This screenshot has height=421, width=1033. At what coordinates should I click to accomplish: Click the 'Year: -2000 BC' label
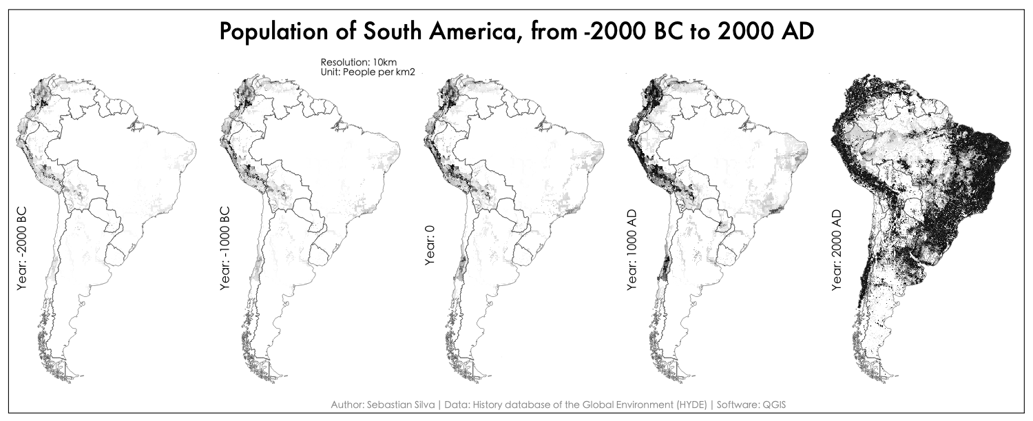pyautogui.click(x=21, y=247)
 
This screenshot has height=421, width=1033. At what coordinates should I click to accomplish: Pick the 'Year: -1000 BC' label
pyautogui.click(x=225, y=247)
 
